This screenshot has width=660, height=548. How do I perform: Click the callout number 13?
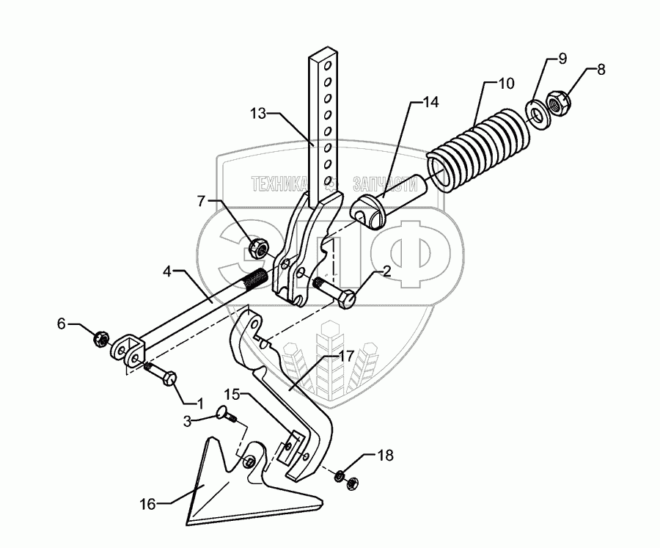257,113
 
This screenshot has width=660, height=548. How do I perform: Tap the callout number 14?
431,103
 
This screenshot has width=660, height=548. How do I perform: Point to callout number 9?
562,58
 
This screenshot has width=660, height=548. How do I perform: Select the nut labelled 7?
257,248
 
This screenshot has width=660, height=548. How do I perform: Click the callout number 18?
384,456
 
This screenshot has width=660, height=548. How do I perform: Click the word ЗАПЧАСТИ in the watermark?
380,183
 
